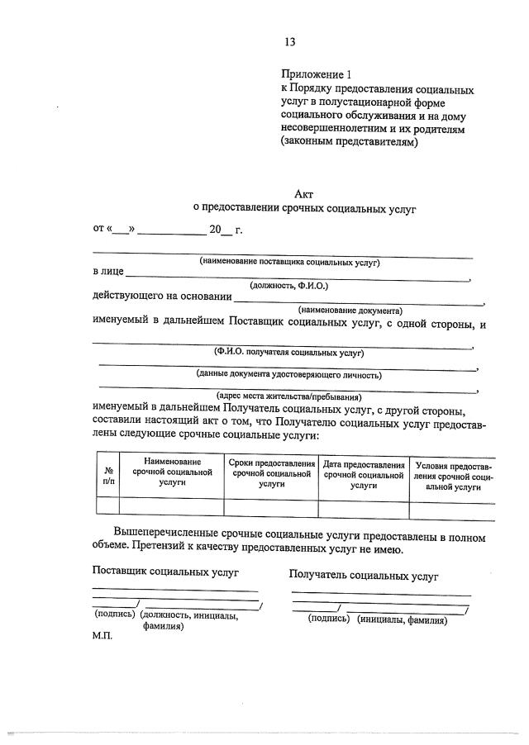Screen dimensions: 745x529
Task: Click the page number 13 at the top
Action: point(289,41)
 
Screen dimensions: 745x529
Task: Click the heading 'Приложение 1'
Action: point(317,74)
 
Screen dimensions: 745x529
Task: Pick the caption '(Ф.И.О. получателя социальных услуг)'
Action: point(288,352)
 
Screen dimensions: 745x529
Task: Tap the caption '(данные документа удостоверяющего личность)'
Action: point(288,374)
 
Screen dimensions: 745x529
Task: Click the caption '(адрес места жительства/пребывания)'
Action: point(288,396)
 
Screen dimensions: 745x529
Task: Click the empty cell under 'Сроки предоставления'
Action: point(271,507)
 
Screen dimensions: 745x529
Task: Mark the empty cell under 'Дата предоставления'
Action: point(364,507)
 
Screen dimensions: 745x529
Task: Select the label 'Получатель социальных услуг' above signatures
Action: point(364,576)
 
